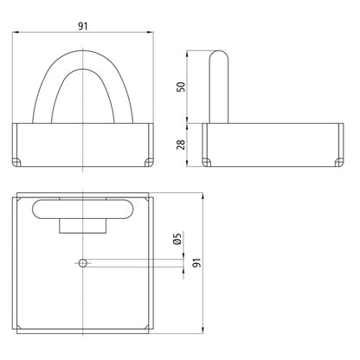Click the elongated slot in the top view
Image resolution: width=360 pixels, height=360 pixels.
coord(82,209)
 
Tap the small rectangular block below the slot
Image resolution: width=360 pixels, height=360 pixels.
coord(82,225)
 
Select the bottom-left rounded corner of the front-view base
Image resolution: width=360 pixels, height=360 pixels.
coord(19,162)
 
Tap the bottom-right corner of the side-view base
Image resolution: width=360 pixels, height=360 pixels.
coord(333,162)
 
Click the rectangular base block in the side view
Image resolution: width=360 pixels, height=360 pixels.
coord(270,145)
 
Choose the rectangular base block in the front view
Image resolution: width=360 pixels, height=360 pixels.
coord(82,145)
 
